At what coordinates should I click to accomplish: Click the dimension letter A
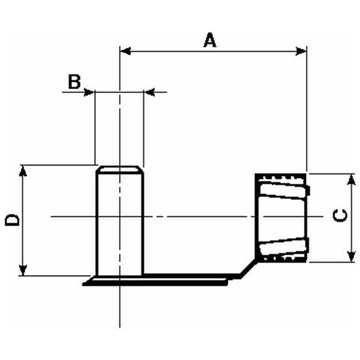coord(210,40)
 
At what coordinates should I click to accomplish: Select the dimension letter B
coord(74,82)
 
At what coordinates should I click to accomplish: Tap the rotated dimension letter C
coord(340,215)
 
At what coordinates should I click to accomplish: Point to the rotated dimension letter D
coord(12,220)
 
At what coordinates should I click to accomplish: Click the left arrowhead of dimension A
coord(125,51)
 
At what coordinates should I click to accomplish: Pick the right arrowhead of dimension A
coord(301,51)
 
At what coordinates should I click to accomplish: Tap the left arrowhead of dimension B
coord(89,92)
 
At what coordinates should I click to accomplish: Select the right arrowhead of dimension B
coord(150,92)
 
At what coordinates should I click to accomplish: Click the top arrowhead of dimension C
coord(352,179)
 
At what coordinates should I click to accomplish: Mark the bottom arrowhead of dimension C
coord(352,256)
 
